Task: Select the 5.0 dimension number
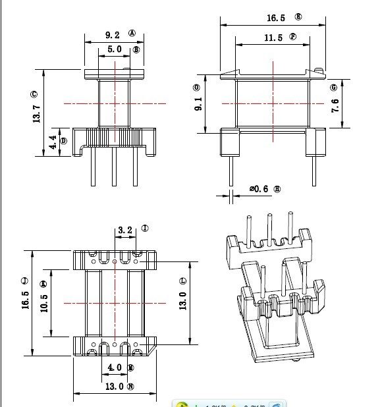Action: point(114,49)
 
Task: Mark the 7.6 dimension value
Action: point(335,105)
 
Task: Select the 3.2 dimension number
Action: point(124,230)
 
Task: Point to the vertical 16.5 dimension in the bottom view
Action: point(25,303)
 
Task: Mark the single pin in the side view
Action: point(231,169)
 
